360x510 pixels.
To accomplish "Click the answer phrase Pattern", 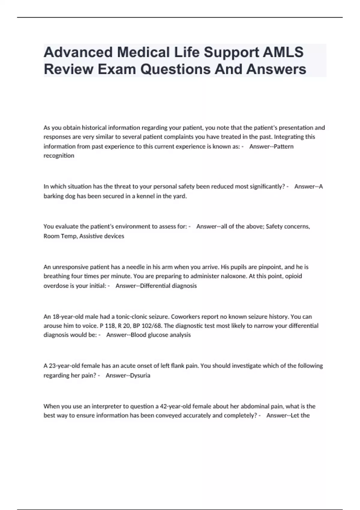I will click(x=284, y=146).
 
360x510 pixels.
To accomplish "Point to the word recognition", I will click(x=59, y=156).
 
